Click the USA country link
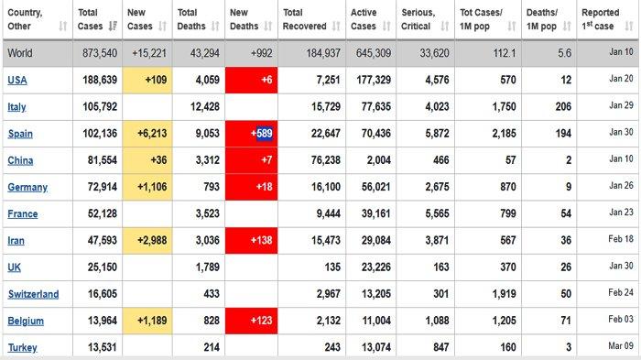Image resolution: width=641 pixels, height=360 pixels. point(17,80)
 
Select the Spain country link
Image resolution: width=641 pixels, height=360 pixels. point(20,134)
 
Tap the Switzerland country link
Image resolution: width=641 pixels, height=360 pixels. point(33,294)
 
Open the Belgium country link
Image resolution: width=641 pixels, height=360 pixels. point(26,321)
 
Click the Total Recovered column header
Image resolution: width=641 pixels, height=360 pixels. point(305,19)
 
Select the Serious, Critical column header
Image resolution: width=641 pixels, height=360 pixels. point(418,19)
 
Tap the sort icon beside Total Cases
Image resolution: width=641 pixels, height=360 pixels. point(113,27)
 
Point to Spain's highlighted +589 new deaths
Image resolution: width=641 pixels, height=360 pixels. point(262,134)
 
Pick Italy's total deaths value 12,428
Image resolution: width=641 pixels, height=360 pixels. point(205,107)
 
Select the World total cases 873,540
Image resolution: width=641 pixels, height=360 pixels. point(100,53)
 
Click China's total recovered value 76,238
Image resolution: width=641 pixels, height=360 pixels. point(326,160)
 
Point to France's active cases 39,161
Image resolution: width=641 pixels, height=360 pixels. point(375,213)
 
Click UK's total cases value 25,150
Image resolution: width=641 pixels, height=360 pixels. point(103,267)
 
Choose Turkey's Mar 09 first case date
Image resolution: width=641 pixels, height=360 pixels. point(621,346)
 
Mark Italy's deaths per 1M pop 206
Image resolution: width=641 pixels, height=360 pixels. point(563,107)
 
